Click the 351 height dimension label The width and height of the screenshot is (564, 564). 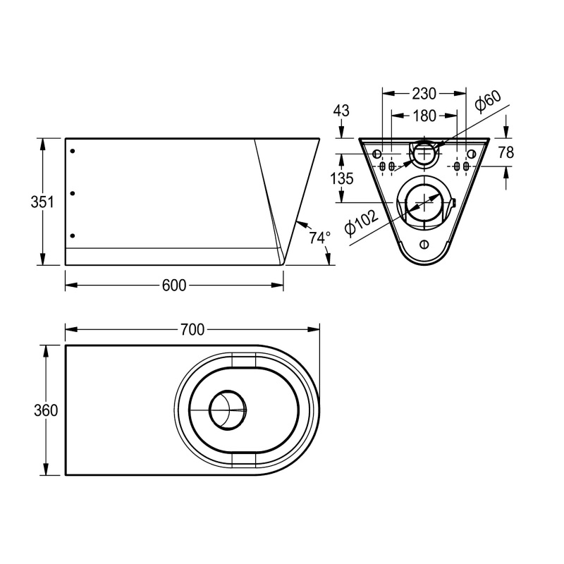point(42,202)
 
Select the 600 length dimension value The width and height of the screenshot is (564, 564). point(173,286)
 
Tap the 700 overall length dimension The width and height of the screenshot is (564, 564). point(192,329)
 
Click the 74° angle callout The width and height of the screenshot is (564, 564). point(319,238)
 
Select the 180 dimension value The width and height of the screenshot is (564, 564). point(424,116)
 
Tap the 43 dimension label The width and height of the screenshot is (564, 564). point(341,111)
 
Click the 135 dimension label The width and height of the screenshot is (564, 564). point(342,178)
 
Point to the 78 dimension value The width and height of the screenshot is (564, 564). point(505,152)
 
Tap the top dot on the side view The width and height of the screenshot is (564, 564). point(73,151)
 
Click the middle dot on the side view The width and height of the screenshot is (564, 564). point(73,192)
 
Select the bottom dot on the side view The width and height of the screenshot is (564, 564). point(73,235)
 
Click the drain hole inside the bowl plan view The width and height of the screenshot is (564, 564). point(228,410)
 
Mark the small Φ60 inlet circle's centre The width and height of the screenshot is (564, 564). point(424,152)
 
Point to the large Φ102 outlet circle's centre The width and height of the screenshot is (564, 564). point(423,202)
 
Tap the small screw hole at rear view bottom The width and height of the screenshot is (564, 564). point(423,245)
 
